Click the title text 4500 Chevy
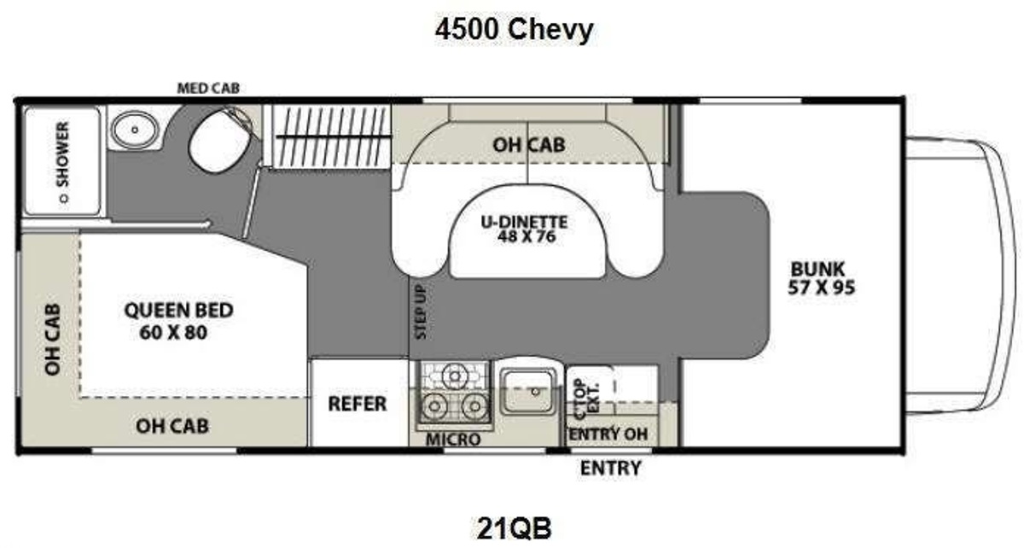(x=514, y=29)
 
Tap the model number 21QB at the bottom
(x=515, y=528)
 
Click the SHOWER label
(x=62, y=154)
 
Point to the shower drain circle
(x=64, y=199)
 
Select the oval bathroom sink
(x=135, y=130)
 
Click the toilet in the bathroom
(x=219, y=140)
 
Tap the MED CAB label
(x=208, y=88)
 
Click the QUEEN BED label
(x=178, y=310)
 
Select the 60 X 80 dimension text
(x=173, y=332)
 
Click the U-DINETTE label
(x=524, y=222)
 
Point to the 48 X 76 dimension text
(x=527, y=236)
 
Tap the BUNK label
(x=817, y=269)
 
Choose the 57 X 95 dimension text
(x=821, y=288)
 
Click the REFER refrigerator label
(x=358, y=404)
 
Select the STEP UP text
(x=420, y=312)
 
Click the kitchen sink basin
(x=528, y=392)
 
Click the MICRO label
(x=453, y=440)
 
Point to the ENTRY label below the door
(x=611, y=468)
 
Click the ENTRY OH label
(x=608, y=434)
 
